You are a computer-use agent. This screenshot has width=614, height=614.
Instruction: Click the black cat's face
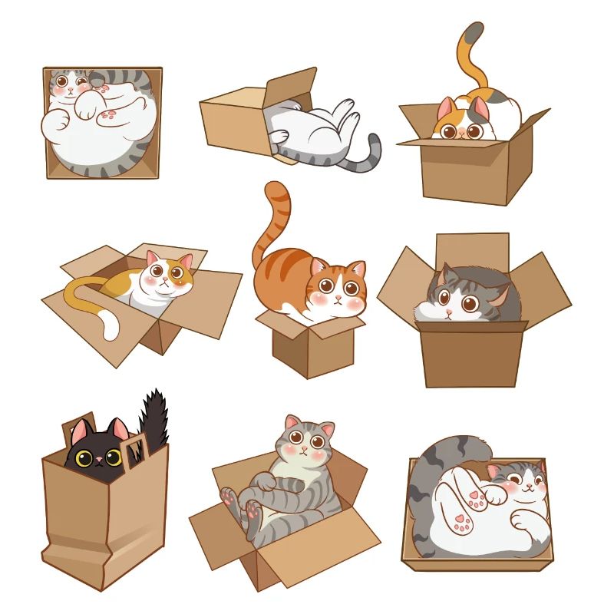click(x=98, y=455)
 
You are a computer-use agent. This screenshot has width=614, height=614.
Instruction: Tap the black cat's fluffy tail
click(x=155, y=418)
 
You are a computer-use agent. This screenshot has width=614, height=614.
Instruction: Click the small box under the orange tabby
click(x=307, y=349)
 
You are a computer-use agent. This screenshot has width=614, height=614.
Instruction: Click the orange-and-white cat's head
click(x=167, y=275)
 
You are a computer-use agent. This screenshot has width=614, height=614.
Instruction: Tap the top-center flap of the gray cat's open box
click(x=471, y=249)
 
